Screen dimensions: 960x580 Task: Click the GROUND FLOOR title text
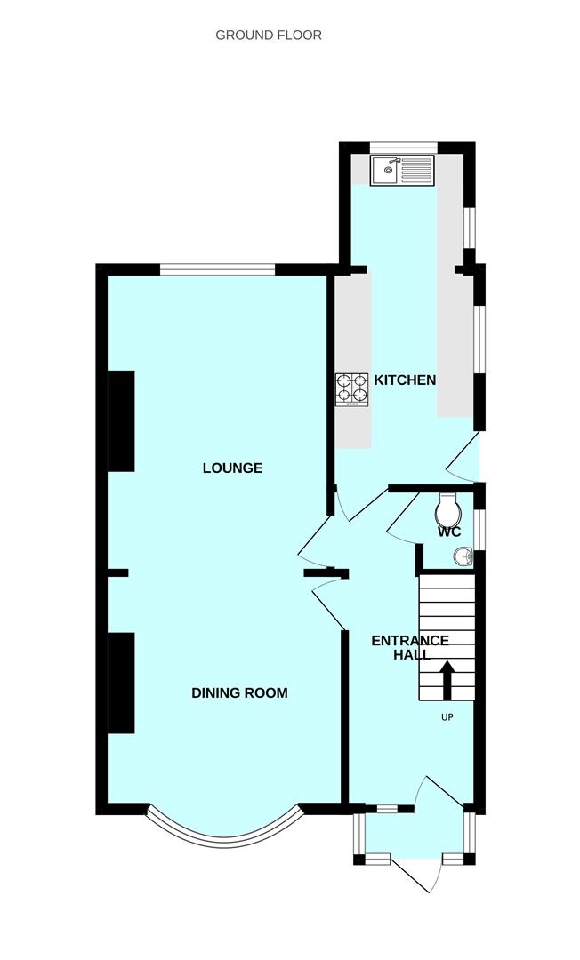[268, 36]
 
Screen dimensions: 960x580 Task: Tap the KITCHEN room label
[405, 380]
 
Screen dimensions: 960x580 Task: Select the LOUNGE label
[232, 468]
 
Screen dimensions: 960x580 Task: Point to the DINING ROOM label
[239, 692]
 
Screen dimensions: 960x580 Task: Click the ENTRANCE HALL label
[409, 647]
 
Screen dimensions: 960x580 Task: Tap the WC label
[449, 533]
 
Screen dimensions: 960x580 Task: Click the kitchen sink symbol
[402, 169]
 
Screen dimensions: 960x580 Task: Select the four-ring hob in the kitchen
[351, 389]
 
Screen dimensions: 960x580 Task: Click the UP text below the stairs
[447, 717]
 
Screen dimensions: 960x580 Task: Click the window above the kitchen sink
[403, 147]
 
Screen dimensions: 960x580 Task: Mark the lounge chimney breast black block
[121, 420]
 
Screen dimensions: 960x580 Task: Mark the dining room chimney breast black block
[121, 683]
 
